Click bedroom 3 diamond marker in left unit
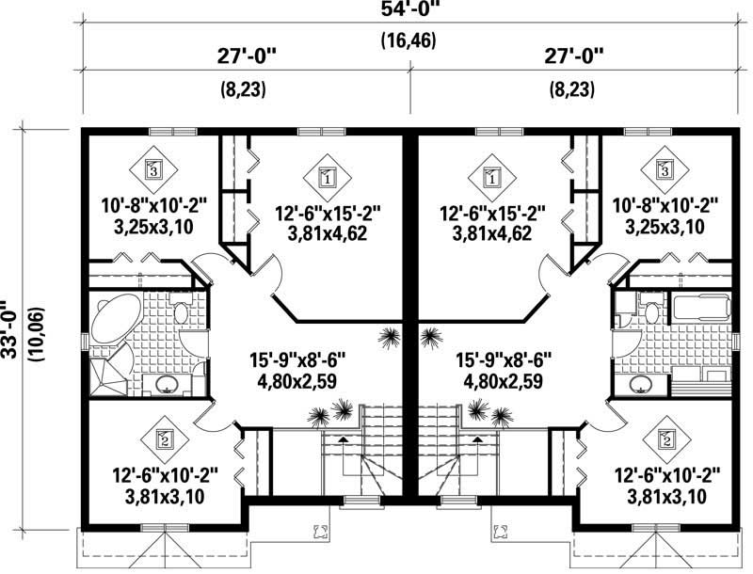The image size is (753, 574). (153, 169)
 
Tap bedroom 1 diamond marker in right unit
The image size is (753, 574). (490, 176)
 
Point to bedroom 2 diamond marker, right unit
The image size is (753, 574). (666, 438)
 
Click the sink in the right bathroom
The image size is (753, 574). (640, 384)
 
